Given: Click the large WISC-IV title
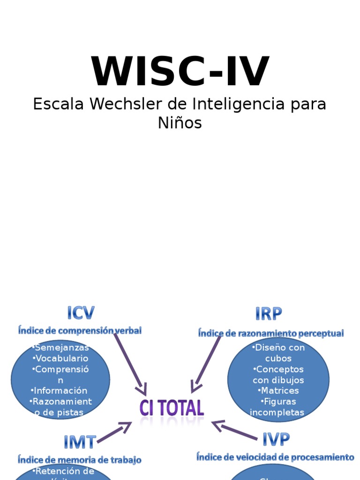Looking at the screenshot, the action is coord(180,72).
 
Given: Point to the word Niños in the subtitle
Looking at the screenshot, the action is coord(180,123).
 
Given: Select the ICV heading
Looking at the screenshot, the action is coord(81,313).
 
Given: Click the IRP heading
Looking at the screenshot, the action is coord(269,314).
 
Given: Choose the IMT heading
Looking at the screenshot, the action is coord(80,442).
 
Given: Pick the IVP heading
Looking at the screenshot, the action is coord(276,440).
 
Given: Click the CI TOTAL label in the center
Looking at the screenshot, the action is coord(172,408).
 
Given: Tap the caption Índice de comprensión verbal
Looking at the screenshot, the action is coord(80,330).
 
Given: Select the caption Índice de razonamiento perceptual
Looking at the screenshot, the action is coord(271,333).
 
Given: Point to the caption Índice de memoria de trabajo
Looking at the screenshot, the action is coord(80,459).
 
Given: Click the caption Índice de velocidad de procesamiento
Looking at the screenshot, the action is coord(275,457).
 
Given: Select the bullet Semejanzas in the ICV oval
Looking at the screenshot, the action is coord(61,348).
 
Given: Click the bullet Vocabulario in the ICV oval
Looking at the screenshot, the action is coord(61,359).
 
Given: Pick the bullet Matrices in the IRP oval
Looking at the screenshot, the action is coord(278,390).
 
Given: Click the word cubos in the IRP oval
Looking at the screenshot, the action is coord(278,359).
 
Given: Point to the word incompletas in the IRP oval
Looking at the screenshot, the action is coord(277,412).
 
